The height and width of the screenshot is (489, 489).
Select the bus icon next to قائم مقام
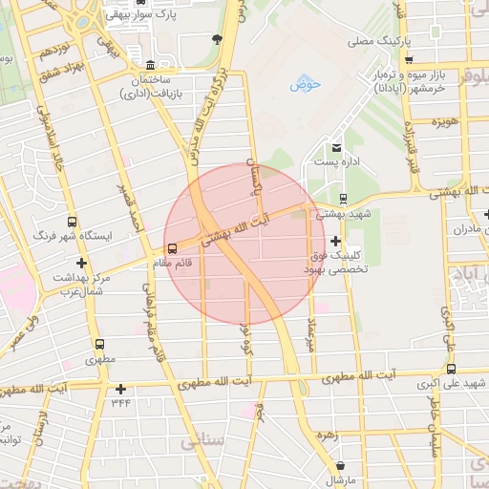[x=173, y=250]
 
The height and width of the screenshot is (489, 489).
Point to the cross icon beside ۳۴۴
[x=120, y=389]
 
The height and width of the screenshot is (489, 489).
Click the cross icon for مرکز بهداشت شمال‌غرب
[x=81, y=263]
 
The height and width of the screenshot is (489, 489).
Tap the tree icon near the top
[x=218, y=39]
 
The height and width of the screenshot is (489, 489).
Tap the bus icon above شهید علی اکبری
[x=451, y=370]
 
